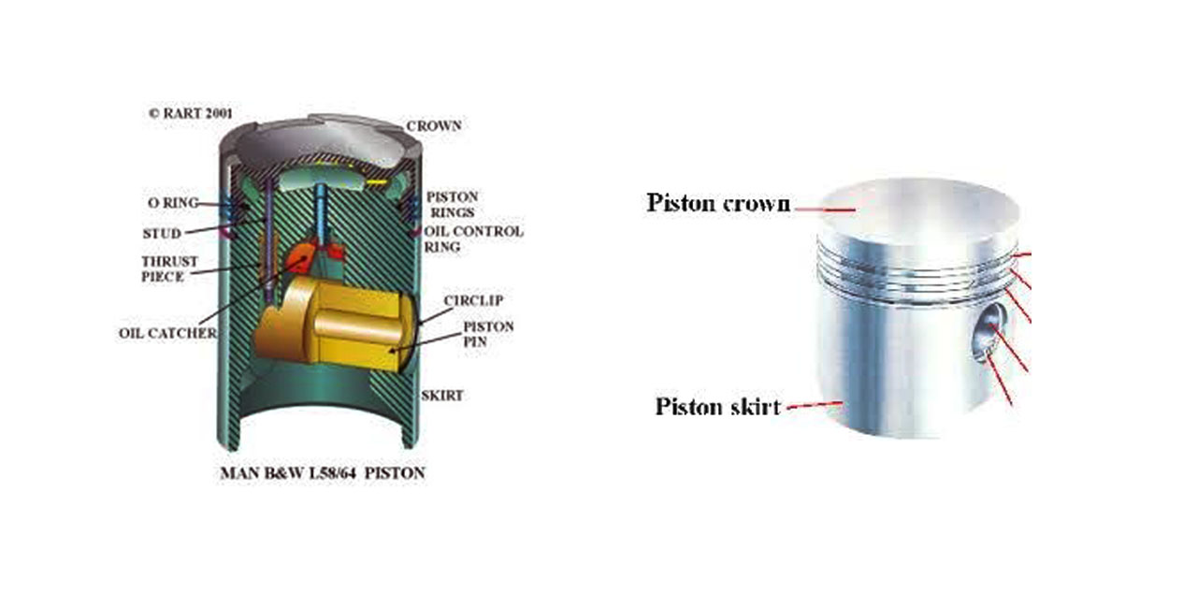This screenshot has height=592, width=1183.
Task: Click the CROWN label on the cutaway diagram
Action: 433,125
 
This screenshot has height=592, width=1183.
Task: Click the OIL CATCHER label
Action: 167,333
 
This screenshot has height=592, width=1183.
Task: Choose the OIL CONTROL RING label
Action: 473,239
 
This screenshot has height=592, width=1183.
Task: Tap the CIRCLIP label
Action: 474,300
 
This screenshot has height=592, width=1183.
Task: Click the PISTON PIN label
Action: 488,335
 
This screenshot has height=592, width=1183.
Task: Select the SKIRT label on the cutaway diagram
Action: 441,395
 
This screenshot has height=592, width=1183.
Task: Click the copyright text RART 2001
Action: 191,113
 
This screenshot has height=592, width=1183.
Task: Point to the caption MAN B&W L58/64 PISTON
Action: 322,473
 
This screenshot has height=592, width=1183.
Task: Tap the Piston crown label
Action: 718,203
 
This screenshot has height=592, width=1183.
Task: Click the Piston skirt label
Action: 717,407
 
